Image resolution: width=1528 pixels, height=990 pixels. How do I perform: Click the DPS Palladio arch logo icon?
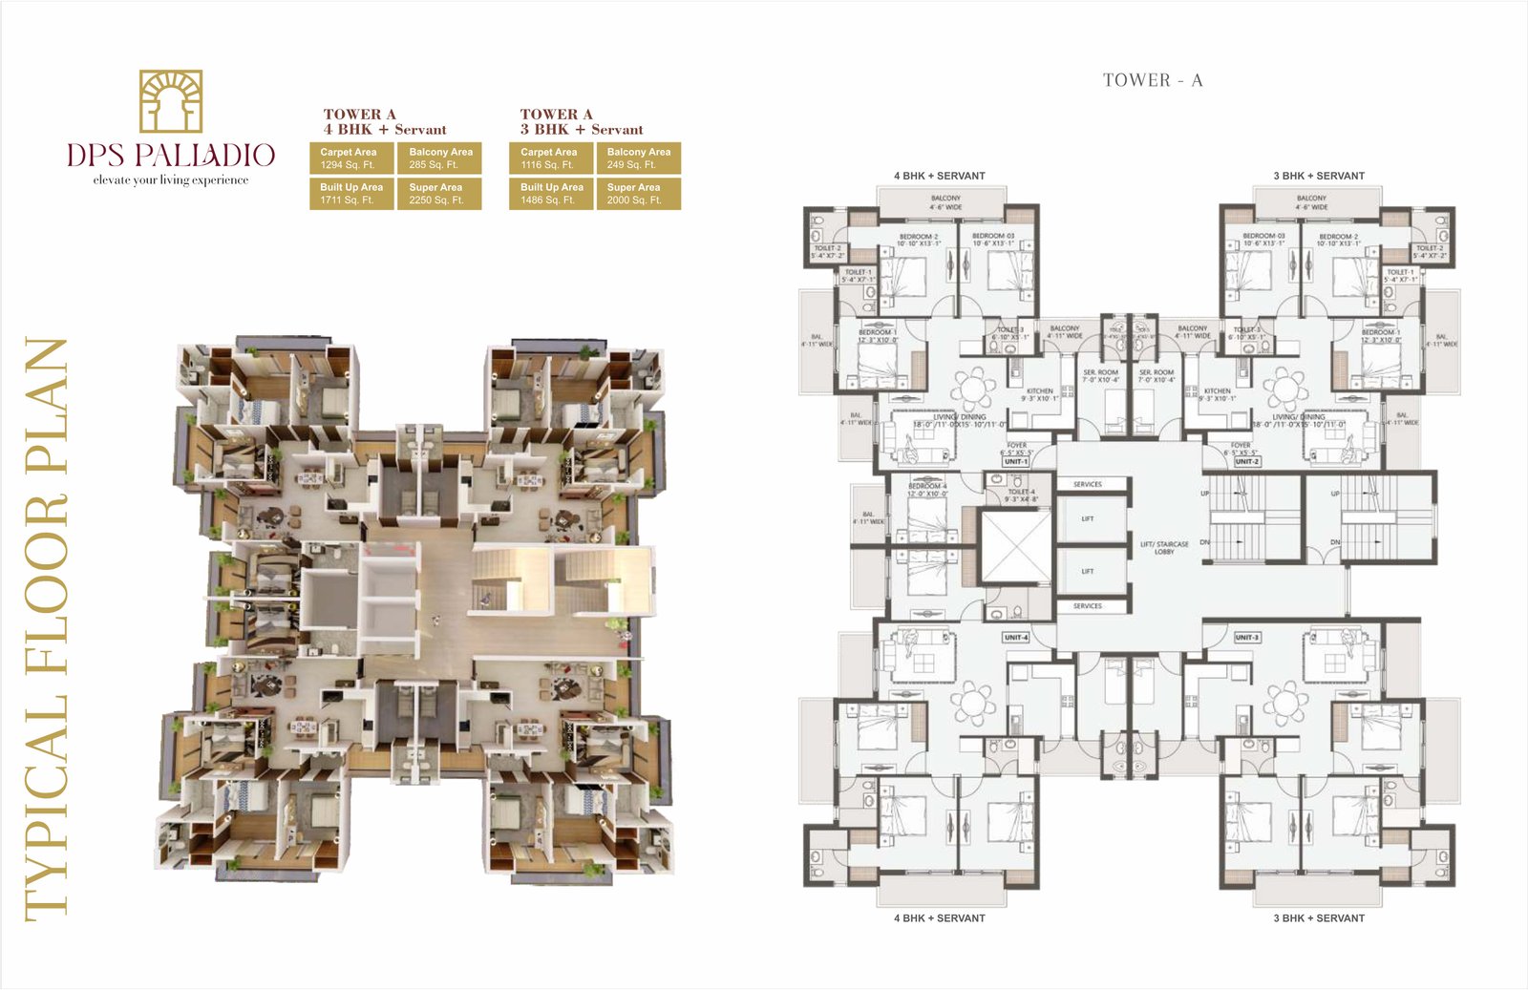tap(171, 100)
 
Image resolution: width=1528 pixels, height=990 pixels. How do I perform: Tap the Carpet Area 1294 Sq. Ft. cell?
tap(350, 158)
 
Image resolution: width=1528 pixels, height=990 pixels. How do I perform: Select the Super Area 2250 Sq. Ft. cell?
tap(438, 194)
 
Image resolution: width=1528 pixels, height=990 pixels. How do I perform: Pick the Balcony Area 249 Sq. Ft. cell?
tap(638, 158)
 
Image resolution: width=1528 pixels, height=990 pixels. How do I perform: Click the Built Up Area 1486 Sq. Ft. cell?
tap(551, 194)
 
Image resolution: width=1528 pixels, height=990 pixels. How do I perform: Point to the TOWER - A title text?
tap(1153, 81)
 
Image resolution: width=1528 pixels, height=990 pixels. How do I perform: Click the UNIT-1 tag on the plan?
tap(1015, 461)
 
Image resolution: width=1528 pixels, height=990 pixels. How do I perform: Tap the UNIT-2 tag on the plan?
tap(1246, 461)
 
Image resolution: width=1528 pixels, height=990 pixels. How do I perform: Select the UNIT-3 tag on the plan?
tap(1246, 637)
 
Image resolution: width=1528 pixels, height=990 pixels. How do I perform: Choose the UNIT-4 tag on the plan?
tap(1015, 637)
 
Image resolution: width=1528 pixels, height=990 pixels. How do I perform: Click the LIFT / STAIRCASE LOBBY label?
tap(1164, 548)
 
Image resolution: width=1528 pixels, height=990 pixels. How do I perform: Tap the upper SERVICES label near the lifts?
tap(1087, 484)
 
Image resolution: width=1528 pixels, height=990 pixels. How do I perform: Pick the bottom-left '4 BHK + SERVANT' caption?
tap(939, 918)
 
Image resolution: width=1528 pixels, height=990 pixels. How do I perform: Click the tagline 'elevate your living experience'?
tap(171, 180)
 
